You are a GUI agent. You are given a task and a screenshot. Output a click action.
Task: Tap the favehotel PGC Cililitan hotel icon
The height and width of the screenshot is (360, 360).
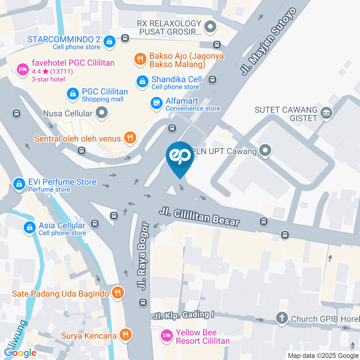pos(22,69)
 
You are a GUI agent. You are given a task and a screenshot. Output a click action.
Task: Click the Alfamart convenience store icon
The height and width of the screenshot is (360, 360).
pos(156,104)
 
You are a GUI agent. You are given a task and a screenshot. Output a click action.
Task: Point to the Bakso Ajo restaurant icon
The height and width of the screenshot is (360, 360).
pos(140,58)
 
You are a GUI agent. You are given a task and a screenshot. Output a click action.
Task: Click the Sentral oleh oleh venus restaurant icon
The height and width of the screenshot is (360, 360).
pos(130,138)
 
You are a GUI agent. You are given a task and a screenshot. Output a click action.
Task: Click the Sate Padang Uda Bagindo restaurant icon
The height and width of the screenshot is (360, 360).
pos(118,293)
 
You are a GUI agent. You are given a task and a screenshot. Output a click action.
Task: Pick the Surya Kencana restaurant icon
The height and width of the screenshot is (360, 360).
pos(126,335)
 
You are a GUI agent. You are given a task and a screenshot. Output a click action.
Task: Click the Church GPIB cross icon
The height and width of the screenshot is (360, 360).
pos(281,318)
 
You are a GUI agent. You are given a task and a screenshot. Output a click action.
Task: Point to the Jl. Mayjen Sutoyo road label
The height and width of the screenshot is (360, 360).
pos(268,41)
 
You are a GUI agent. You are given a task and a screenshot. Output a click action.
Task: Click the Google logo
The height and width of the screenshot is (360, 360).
pos(20,352)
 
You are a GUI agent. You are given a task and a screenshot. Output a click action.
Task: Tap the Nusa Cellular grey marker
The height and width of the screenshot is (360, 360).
pos(101,112)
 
